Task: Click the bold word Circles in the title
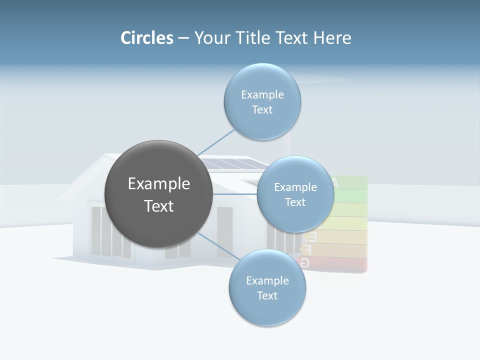[x=146, y=38]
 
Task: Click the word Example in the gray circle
[x=158, y=184]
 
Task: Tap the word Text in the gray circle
[x=158, y=206]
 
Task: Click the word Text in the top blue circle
[x=262, y=110]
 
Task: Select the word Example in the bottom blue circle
[x=267, y=281]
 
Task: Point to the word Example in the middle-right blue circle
[x=295, y=187]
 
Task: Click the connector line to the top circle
[x=215, y=142]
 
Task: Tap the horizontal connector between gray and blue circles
[x=235, y=193]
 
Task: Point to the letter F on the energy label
[x=307, y=249]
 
